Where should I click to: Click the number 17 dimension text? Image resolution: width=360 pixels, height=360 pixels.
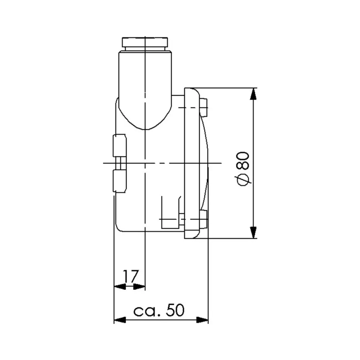click(130, 276)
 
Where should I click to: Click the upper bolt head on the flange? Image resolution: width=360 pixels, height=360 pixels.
click(204, 108)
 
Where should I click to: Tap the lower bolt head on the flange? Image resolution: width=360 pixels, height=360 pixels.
click(204, 219)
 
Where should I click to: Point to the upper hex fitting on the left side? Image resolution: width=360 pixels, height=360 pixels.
click(120, 145)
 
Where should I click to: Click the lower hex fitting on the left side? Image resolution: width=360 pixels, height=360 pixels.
click(120, 181)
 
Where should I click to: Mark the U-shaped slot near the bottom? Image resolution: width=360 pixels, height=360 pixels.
click(171, 214)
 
